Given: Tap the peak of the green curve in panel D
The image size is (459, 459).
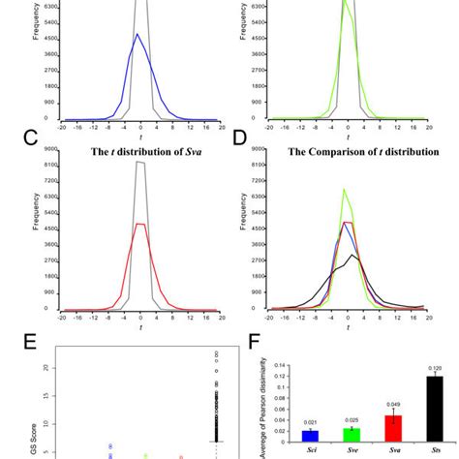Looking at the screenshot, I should pyautogui.click(x=346, y=190).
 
